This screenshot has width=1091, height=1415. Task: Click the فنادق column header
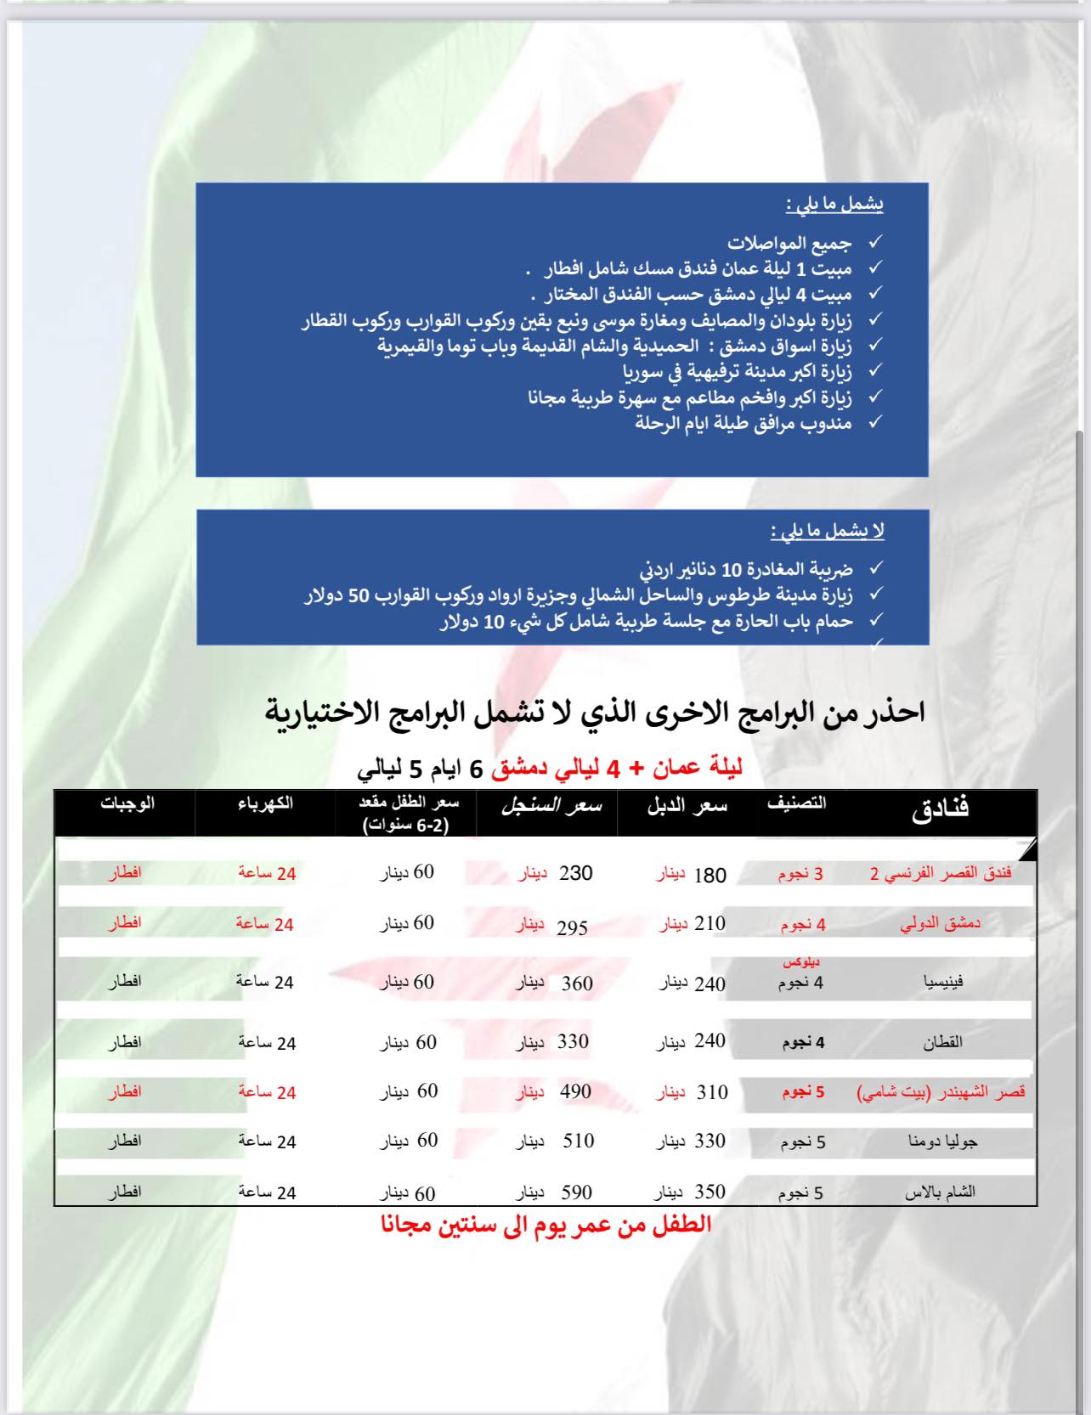pyautogui.click(x=940, y=809)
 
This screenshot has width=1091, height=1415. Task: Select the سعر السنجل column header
pyautogui.click(x=551, y=806)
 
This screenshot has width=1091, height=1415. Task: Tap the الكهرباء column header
pyautogui.click(x=265, y=803)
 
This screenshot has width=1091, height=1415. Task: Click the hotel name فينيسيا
pyautogui.click(x=943, y=982)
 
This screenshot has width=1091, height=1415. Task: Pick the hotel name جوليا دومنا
pyautogui.click(x=942, y=1142)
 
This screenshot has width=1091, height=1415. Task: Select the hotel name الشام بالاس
pyautogui.click(x=939, y=1192)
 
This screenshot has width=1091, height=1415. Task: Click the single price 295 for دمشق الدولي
pyautogui.click(x=572, y=927)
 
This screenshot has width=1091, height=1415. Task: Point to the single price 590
pyautogui.click(x=575, y=1192)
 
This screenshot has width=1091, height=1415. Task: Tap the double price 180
pyautogui.click(x=709, y=876)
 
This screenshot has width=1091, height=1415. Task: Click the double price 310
pyautogui.click(x=712, y=1092)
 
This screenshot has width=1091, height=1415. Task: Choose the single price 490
pyautogui.click(x=575, y=1092)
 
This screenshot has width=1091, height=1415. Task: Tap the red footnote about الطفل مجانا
pyautogui.click(x=545, y=1225)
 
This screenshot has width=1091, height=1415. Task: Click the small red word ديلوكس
pyautogui.click(x=801, y=962)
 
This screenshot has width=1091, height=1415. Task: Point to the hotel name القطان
pyautogui.click(x=942, y=1042)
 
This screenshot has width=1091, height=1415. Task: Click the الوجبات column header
pyautogui.click(x=127, y=803)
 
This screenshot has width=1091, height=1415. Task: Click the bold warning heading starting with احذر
pyautogui.click(x=595, y=713)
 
